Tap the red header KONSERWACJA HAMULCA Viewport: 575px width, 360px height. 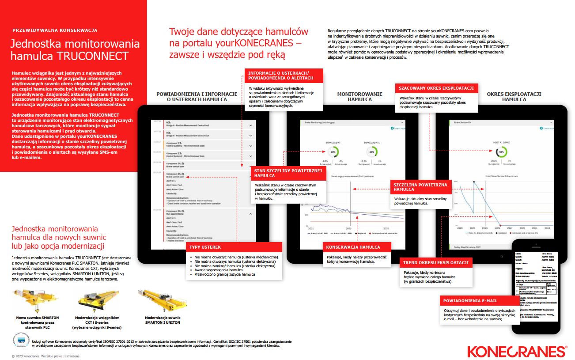click(x=351, y=247)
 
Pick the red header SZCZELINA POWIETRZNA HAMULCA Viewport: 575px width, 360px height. click(x=420, y=187)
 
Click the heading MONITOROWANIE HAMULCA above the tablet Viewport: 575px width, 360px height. click(x=359, y=97)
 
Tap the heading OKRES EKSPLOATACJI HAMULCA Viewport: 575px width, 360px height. click(x=514, y=97)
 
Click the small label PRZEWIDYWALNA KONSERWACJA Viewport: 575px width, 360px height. click(x=55, y=30)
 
